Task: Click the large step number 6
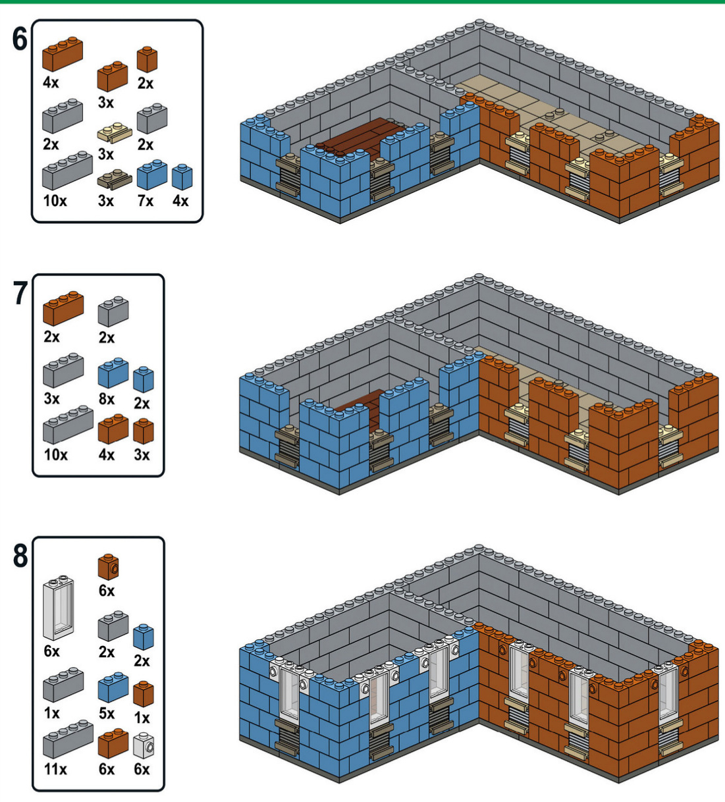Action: [x=20, y=40]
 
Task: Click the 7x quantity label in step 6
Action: [x=145, y=201]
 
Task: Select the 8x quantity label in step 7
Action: [x=106, y=399]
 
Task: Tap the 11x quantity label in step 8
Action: [x=55, y=769]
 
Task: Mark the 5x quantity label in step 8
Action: [x=106, y=714]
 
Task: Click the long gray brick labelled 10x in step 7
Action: [x=68, y=425]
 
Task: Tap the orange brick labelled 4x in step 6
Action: [x=63, y=53]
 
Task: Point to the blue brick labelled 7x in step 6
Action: [x=151, y=175]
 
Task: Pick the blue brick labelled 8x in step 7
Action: [x=113, y=373]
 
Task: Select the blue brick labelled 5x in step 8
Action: [x=113, y=687]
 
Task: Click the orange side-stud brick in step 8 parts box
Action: [x=108, y=566]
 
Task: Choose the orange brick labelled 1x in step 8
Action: [x=143, y=694]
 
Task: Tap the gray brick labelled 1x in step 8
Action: [x=63, y=685]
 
